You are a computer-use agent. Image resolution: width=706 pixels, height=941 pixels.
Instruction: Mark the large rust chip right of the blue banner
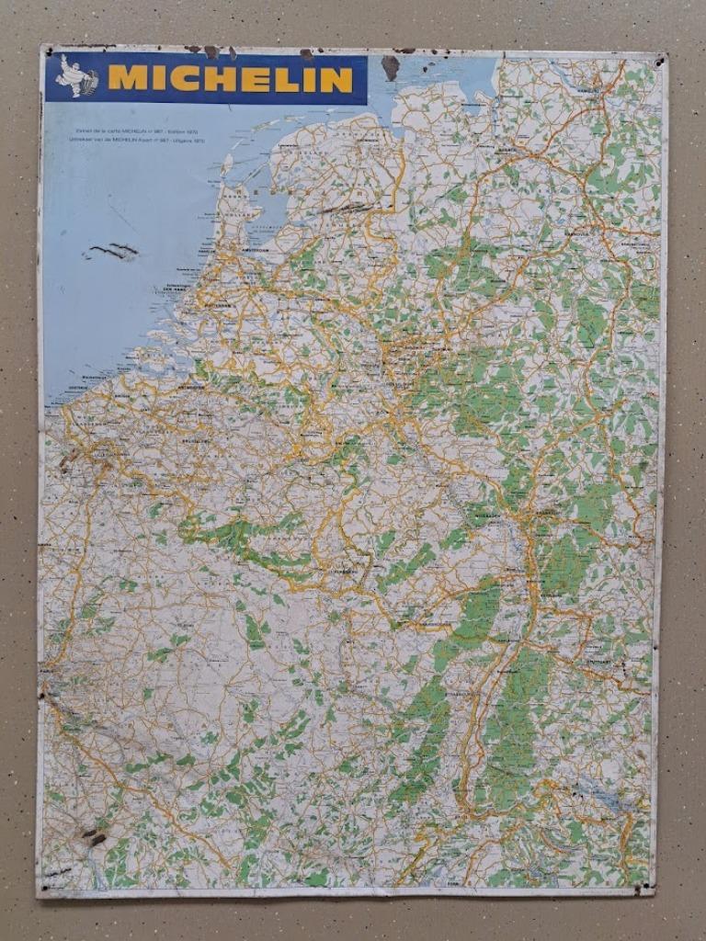point(390,66)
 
